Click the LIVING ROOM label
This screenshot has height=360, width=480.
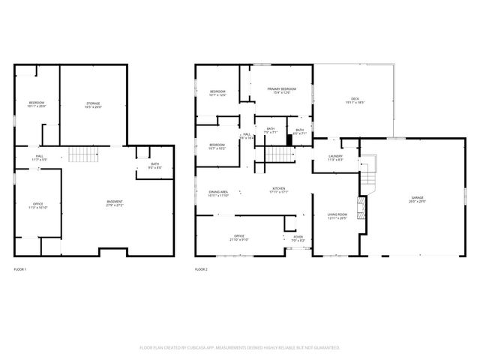[337, 216]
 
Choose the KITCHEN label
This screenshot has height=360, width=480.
[279, 190]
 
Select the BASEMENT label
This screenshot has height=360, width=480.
[115, 202]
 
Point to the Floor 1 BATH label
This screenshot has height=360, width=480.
[154, 166]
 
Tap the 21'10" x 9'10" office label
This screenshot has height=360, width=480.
[239, 238]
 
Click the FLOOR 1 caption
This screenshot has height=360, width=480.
[20, 268]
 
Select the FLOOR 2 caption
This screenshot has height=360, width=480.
[201, 268]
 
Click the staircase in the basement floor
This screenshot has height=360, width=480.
[84, 154]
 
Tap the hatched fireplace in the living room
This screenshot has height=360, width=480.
[361, 206]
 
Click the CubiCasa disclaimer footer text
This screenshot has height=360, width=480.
[240, 347]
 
